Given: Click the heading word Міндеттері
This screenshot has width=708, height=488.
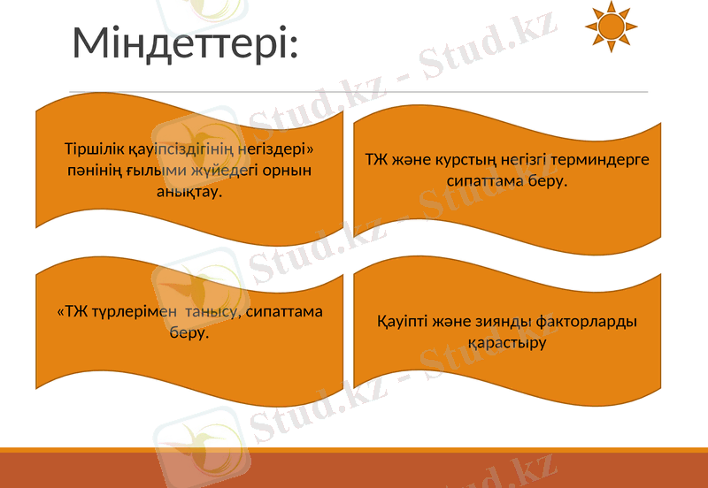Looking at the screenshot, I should (x=184, y=43).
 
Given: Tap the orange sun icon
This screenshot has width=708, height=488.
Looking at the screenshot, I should (x=611, y=26).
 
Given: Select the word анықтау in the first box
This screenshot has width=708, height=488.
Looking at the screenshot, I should (x=188, y=190).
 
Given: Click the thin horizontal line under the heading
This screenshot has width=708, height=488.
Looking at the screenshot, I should (x=358, y=91).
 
